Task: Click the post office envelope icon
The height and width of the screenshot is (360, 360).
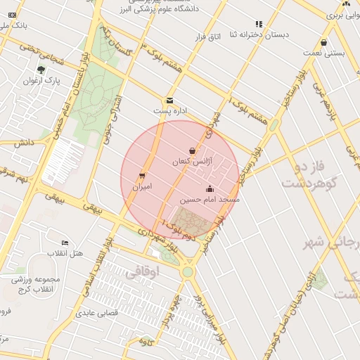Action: pos(169,100)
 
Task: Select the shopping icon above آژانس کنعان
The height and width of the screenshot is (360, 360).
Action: pos(193,150)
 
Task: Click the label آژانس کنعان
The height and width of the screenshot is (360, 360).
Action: pos(191,162)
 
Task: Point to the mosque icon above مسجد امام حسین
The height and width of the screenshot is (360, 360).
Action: pos(210,188)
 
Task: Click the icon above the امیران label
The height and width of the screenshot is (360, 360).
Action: pos(143,176)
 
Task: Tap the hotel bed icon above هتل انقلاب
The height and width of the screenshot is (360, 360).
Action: pos(65,243)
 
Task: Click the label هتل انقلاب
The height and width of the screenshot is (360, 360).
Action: pos(65,253)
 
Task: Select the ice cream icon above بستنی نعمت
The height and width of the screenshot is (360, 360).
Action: pos(323,42)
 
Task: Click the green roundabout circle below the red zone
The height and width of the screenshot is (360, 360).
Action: pos(187,271)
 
